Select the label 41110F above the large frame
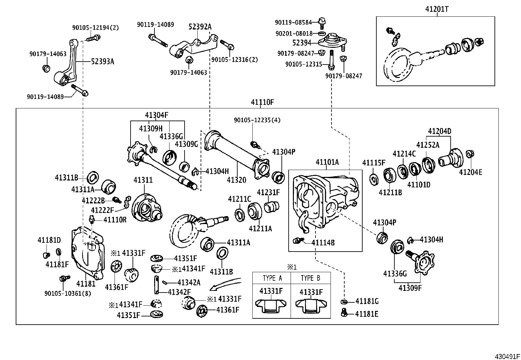pos(262,102)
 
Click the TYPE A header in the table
pos(272,278)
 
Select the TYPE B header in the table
pos(310,278)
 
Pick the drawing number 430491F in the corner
pos(507,356)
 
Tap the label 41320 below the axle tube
pos(236,180)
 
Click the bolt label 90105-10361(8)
pos(68,293)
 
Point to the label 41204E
pos(471,172)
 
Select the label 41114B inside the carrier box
pos(323,242)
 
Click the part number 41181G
pos(367,301)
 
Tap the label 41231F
pos(268,192)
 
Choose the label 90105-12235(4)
pos(257,120)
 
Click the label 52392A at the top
pos(200,27)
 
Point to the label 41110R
pos(115,219)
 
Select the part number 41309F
pos(410,288)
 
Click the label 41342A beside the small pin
pos(189,282)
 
